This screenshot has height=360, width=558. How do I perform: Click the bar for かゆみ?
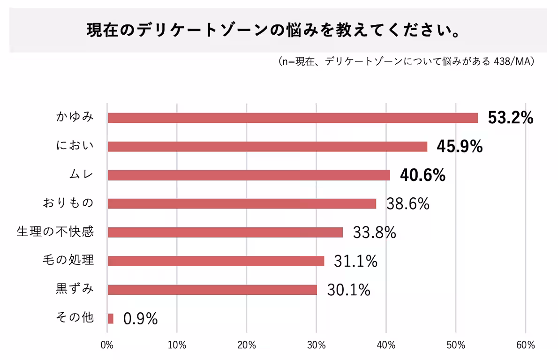point(293,118)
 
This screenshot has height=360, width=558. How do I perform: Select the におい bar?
point(267,146)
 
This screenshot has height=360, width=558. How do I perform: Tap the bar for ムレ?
point(249,175)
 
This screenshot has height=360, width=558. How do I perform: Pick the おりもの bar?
point(241,203)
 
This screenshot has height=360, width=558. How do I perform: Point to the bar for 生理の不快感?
point(225,232)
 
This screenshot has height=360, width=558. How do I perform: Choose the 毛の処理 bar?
point(216,261)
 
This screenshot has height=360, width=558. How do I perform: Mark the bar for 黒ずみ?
point(212,289)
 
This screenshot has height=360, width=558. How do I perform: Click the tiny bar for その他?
point(110,318)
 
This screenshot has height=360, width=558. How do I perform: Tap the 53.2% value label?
point(510,118)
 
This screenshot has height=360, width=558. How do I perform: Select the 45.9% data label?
point(460,147)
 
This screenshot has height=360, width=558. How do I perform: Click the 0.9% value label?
point(140,319)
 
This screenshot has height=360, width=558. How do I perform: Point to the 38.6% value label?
point(407,204)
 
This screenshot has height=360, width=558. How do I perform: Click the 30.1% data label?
point(348,290)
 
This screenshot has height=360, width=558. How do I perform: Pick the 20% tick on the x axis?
point(247,345)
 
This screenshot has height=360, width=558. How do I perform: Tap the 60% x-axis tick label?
point(525,345)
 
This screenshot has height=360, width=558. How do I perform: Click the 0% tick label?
point(107,345)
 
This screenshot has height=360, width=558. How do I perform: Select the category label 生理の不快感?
point(55,232)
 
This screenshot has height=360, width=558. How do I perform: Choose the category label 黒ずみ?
point(75,289)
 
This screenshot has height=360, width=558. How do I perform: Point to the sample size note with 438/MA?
point(406,61)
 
